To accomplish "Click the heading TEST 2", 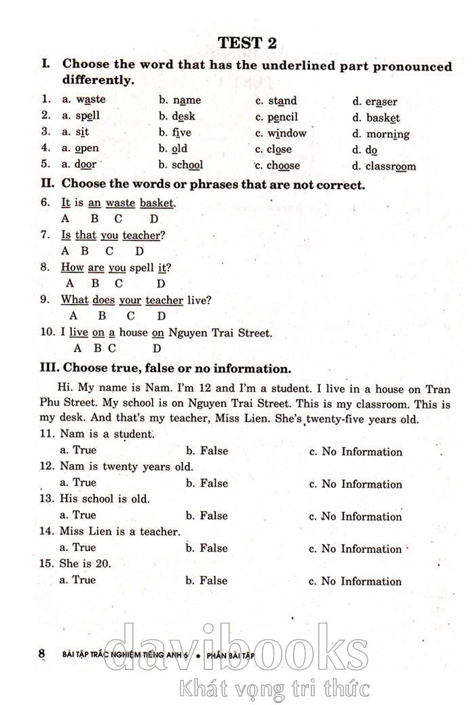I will click(x=247, y=42).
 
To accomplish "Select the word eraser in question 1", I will click(x=381, y=102).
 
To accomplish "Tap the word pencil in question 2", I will click(x=282, y=117).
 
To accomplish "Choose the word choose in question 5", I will click(x=283, y=166).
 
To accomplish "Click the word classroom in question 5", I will click(x=391, y=166).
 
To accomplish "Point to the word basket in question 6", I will click(x=157, y=203).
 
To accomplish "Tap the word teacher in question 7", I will click(x=141, y=235).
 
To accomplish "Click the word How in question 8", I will click(x=73, y=267).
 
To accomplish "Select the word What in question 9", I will click(x=75, y=300).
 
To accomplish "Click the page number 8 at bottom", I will click(x=42, y=653).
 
